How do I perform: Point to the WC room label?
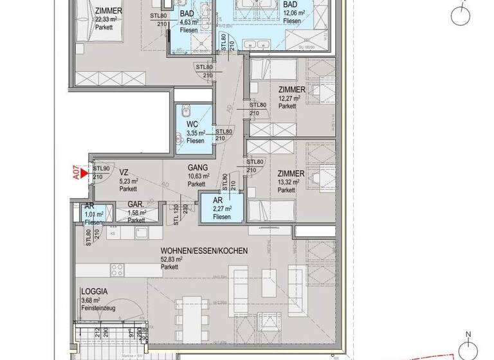[x=192, y=124]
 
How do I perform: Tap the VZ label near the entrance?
[x=124, y=172]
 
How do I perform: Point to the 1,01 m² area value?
[x=95, y=214]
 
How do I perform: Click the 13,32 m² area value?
[x=290, y=182]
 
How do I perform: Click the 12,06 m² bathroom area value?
[x=295, y=12]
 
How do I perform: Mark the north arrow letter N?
[x=469, y=334]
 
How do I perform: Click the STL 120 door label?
[x=176, y=215]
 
